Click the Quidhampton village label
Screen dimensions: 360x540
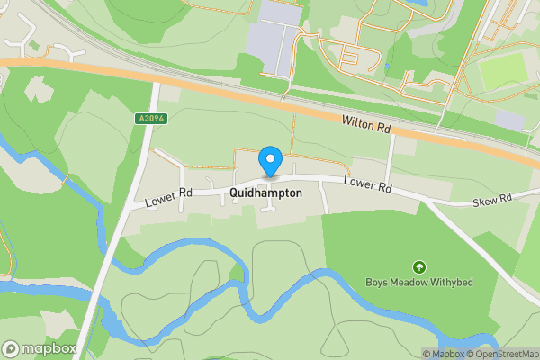click(265, 193)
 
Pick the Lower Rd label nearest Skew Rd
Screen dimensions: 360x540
click(369, 186)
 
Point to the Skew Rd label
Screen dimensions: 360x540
click(492, 198)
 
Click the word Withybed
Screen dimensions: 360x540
click(450, 282)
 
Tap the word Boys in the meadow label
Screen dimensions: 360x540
click(377, 282)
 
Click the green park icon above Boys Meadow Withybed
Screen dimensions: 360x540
click(418, 266)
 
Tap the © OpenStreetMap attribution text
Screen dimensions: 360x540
click(506, 354)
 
